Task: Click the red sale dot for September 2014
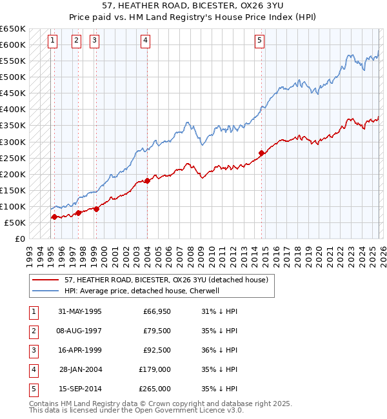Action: point(261,153)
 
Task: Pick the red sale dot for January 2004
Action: point(147,180)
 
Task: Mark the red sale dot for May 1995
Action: point(54,217)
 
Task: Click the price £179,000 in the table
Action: point(155,370)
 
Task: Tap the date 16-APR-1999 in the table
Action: point(79,351)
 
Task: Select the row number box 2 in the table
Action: point(32,331)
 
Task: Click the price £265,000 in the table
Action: point(155,389)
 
